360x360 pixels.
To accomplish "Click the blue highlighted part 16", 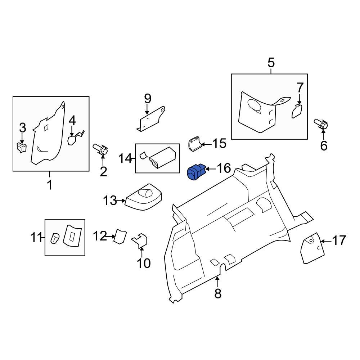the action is tap(196, 172).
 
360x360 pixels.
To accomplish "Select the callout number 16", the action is tap(224, 168).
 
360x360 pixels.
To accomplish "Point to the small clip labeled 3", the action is tap(22, 148).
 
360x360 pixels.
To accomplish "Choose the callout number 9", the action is tap(148, 99).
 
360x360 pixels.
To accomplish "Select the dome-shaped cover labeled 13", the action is tap(144, 197).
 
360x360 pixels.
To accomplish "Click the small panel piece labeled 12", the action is tap(120, 236).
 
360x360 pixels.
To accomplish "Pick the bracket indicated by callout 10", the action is tap(140, 241).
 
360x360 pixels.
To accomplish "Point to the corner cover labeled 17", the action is tap(312, 248).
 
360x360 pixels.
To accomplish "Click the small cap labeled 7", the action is tap(297, 111).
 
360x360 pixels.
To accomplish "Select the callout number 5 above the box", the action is tap(271, 63).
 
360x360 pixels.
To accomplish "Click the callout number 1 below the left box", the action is tap(50, 185).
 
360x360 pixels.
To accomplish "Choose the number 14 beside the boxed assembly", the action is tap(125, 158).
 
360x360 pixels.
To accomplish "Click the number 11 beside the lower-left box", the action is tap(36, 237).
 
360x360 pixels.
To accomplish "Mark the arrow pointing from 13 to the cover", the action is tap(120, 201).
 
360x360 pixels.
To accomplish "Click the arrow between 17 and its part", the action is tap(326, 241).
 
